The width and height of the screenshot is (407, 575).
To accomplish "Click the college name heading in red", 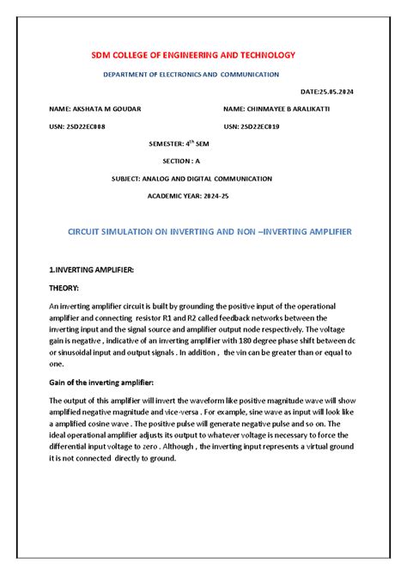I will point(193,55).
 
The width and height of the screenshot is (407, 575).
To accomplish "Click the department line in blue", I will point(191,75).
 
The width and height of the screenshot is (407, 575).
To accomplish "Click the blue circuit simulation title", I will point(210,232).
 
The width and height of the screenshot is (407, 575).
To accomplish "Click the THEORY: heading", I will point(64,288).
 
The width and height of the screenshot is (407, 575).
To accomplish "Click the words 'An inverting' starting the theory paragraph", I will point(69,306).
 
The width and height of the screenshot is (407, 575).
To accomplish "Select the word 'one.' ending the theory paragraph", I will point(56,364).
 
